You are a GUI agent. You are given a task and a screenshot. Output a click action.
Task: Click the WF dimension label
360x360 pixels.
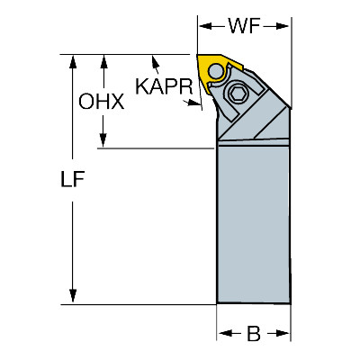coord(244,26)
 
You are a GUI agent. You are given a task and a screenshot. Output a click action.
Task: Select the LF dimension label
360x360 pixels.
coord(73,179)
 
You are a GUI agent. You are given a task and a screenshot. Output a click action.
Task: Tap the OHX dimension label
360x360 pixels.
coord(102,101)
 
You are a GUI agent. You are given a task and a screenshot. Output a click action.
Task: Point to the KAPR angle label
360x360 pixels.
coord(164,86)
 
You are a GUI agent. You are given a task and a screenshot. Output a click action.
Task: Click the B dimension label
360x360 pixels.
coord(254,333)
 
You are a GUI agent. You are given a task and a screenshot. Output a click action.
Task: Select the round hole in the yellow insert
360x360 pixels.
coord(216,71)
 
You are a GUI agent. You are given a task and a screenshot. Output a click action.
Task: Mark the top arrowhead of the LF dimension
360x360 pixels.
coord(73,62)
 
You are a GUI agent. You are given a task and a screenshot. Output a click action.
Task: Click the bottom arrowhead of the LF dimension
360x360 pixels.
coord(73,296)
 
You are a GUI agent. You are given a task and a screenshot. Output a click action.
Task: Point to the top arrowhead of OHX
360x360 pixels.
coord(103,62)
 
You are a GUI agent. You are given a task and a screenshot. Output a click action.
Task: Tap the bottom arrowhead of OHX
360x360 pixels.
coord(103,140)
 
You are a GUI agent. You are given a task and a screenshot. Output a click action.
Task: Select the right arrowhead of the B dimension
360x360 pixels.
coord(283,333)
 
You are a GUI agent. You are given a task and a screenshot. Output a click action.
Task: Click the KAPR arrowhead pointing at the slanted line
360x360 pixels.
coord(193,103)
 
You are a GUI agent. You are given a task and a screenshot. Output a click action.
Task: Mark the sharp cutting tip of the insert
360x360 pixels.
coord(198,55)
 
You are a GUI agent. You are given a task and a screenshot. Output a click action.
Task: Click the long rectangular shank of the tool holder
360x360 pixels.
coord(254,223)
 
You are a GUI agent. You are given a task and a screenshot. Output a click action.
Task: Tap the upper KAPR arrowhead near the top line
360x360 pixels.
coord(156,62)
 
